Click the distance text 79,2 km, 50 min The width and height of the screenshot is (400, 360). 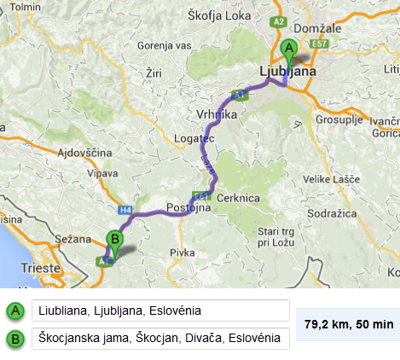349,324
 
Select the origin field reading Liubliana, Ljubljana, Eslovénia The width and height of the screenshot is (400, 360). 160,311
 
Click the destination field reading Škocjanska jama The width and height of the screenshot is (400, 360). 160,339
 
